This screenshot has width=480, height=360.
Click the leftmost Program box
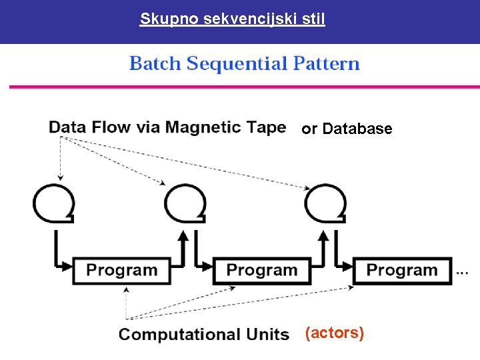[x=122, y=271]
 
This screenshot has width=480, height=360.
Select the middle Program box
[x=262, y=271]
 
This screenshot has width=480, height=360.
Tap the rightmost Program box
[x=402, y=271]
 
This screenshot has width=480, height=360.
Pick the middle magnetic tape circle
[x=185, y=203]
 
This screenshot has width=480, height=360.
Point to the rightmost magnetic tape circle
[x=325, y=203]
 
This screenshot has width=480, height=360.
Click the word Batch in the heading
[x=155, y=64]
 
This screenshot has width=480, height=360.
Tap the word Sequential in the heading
[x=237, y=64]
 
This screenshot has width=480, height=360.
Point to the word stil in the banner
[x=313, y=19]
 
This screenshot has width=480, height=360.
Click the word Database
[x=357, y=129]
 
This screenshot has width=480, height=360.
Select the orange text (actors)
[x=334, y=333]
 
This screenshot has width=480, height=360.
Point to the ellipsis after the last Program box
[x=462, y=273]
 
